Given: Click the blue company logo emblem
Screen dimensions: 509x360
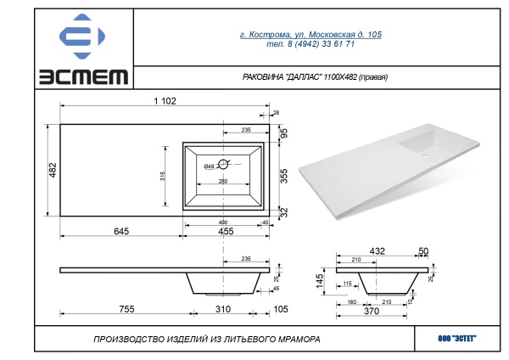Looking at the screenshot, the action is (x=81, y=37).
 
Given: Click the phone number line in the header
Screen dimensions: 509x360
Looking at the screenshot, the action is (x=310, y=44).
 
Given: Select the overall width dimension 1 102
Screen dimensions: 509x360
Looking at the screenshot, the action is (x=165, y=101).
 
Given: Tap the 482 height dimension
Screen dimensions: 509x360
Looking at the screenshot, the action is (x=53, y=170).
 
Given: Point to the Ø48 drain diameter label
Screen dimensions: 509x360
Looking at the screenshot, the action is (x=209, y=166).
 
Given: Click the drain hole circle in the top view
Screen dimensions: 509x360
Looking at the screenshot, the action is (x=223, y=164).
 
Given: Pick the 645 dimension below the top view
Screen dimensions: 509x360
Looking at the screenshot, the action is (x=121, y=231).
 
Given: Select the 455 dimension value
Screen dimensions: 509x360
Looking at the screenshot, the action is (x=226, y=231).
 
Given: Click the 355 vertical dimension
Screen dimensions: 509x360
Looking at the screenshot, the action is (x=283, y=176).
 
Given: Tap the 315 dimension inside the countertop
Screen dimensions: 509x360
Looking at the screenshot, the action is (x=163, y=176).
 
